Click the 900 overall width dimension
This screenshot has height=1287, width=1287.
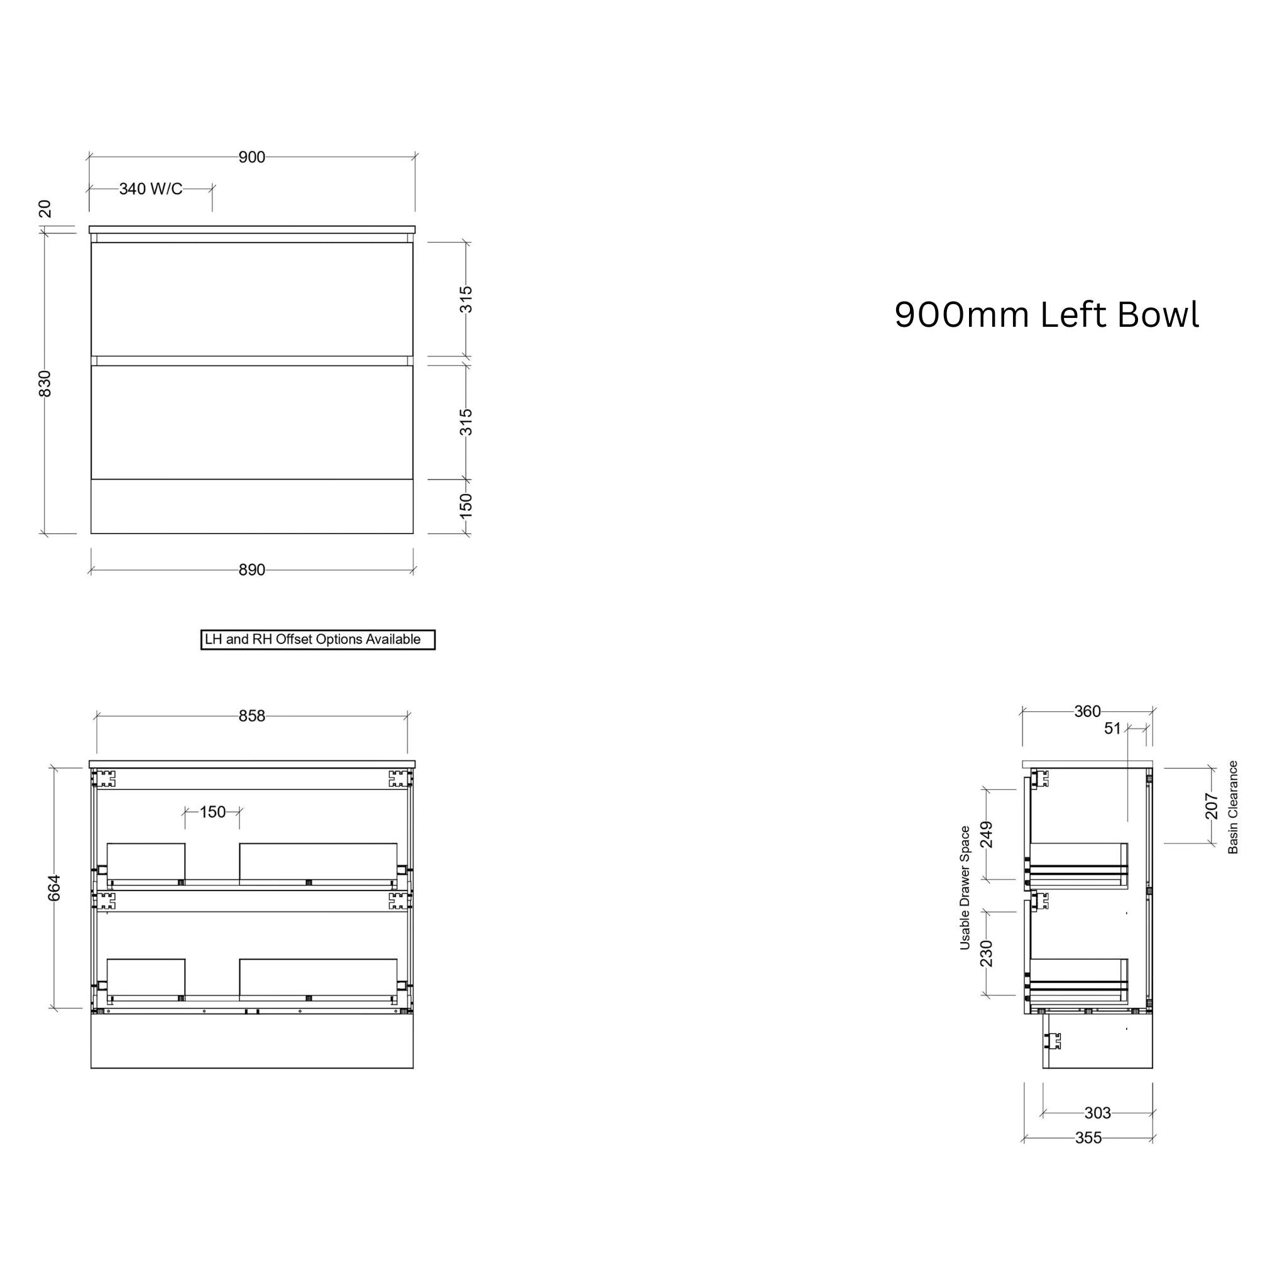click(252, 157)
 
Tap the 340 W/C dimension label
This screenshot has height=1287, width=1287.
click(151, 189)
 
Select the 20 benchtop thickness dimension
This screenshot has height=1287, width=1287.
click(45, 209)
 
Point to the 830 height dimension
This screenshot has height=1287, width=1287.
click(45, 384)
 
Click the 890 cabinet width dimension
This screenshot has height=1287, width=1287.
click(252, 570)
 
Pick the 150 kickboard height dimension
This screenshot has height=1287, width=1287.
click(466, 507)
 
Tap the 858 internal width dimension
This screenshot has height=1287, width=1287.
click(252, 716)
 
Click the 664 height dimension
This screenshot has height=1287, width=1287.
click(55, 888)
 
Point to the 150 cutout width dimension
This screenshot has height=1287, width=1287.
click(212, 812)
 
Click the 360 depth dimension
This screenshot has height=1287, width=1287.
click(1087, 711)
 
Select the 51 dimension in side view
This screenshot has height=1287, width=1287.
click(1112, 729)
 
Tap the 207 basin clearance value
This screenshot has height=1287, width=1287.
click(1212, 806)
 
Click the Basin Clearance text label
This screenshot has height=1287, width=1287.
click(1233, 808)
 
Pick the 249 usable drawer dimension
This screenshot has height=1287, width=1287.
click(987, 835)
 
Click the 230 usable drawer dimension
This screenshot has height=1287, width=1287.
click(987, 953)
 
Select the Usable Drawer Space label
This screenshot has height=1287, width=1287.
click(965, 888)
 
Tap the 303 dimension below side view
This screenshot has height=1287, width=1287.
click(1097, 1112)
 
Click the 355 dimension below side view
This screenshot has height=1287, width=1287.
click(1088, 1138)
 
